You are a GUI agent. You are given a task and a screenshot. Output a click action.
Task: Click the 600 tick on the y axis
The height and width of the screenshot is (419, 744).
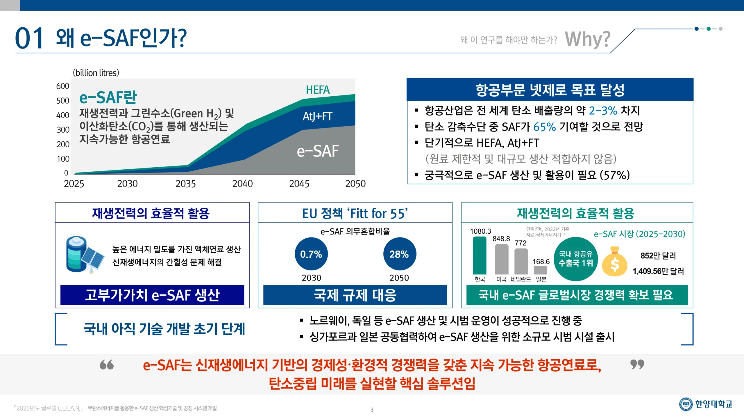[x=63, y=86]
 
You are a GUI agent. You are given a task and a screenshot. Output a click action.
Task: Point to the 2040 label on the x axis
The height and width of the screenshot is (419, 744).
[x=242, y=184]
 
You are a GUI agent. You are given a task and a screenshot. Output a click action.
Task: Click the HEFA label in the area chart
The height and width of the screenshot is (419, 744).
[x=318, y=90]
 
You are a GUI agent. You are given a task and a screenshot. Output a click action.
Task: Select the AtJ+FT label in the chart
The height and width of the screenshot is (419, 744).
[x=317, y=116]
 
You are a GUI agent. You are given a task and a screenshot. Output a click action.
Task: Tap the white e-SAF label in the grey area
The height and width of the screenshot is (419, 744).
[x=318, y=151]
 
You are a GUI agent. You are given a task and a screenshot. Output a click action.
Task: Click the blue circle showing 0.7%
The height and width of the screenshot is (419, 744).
[x=311, y=254]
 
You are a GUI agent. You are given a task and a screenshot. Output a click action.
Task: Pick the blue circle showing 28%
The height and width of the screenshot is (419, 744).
[x=400, y=254]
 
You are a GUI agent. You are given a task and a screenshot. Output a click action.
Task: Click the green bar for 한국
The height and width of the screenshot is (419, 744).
[x=480, y=255]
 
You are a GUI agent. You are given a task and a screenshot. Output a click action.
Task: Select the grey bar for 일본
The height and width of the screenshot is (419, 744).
[x=541, y=270]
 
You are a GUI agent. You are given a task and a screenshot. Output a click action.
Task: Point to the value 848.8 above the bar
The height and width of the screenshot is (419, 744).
[x=501, y=239]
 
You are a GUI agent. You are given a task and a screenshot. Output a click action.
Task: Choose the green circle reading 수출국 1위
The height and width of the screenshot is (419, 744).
[x=576, y=259]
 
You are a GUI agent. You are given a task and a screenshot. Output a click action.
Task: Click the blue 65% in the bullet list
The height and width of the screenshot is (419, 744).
[x=544, y=127]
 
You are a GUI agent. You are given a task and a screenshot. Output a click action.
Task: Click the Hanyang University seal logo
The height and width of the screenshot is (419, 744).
[x=686, y=404]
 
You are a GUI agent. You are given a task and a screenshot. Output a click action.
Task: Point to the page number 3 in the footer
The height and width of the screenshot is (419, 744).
[x=372, y=410]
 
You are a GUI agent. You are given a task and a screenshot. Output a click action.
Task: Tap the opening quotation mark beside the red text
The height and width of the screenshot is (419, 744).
[x=107, y=365]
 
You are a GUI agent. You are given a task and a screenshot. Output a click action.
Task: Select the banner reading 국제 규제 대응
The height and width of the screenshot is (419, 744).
[x=355, y=295]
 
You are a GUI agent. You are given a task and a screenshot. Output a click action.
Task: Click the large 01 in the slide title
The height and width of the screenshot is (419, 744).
[x=29, y=38]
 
